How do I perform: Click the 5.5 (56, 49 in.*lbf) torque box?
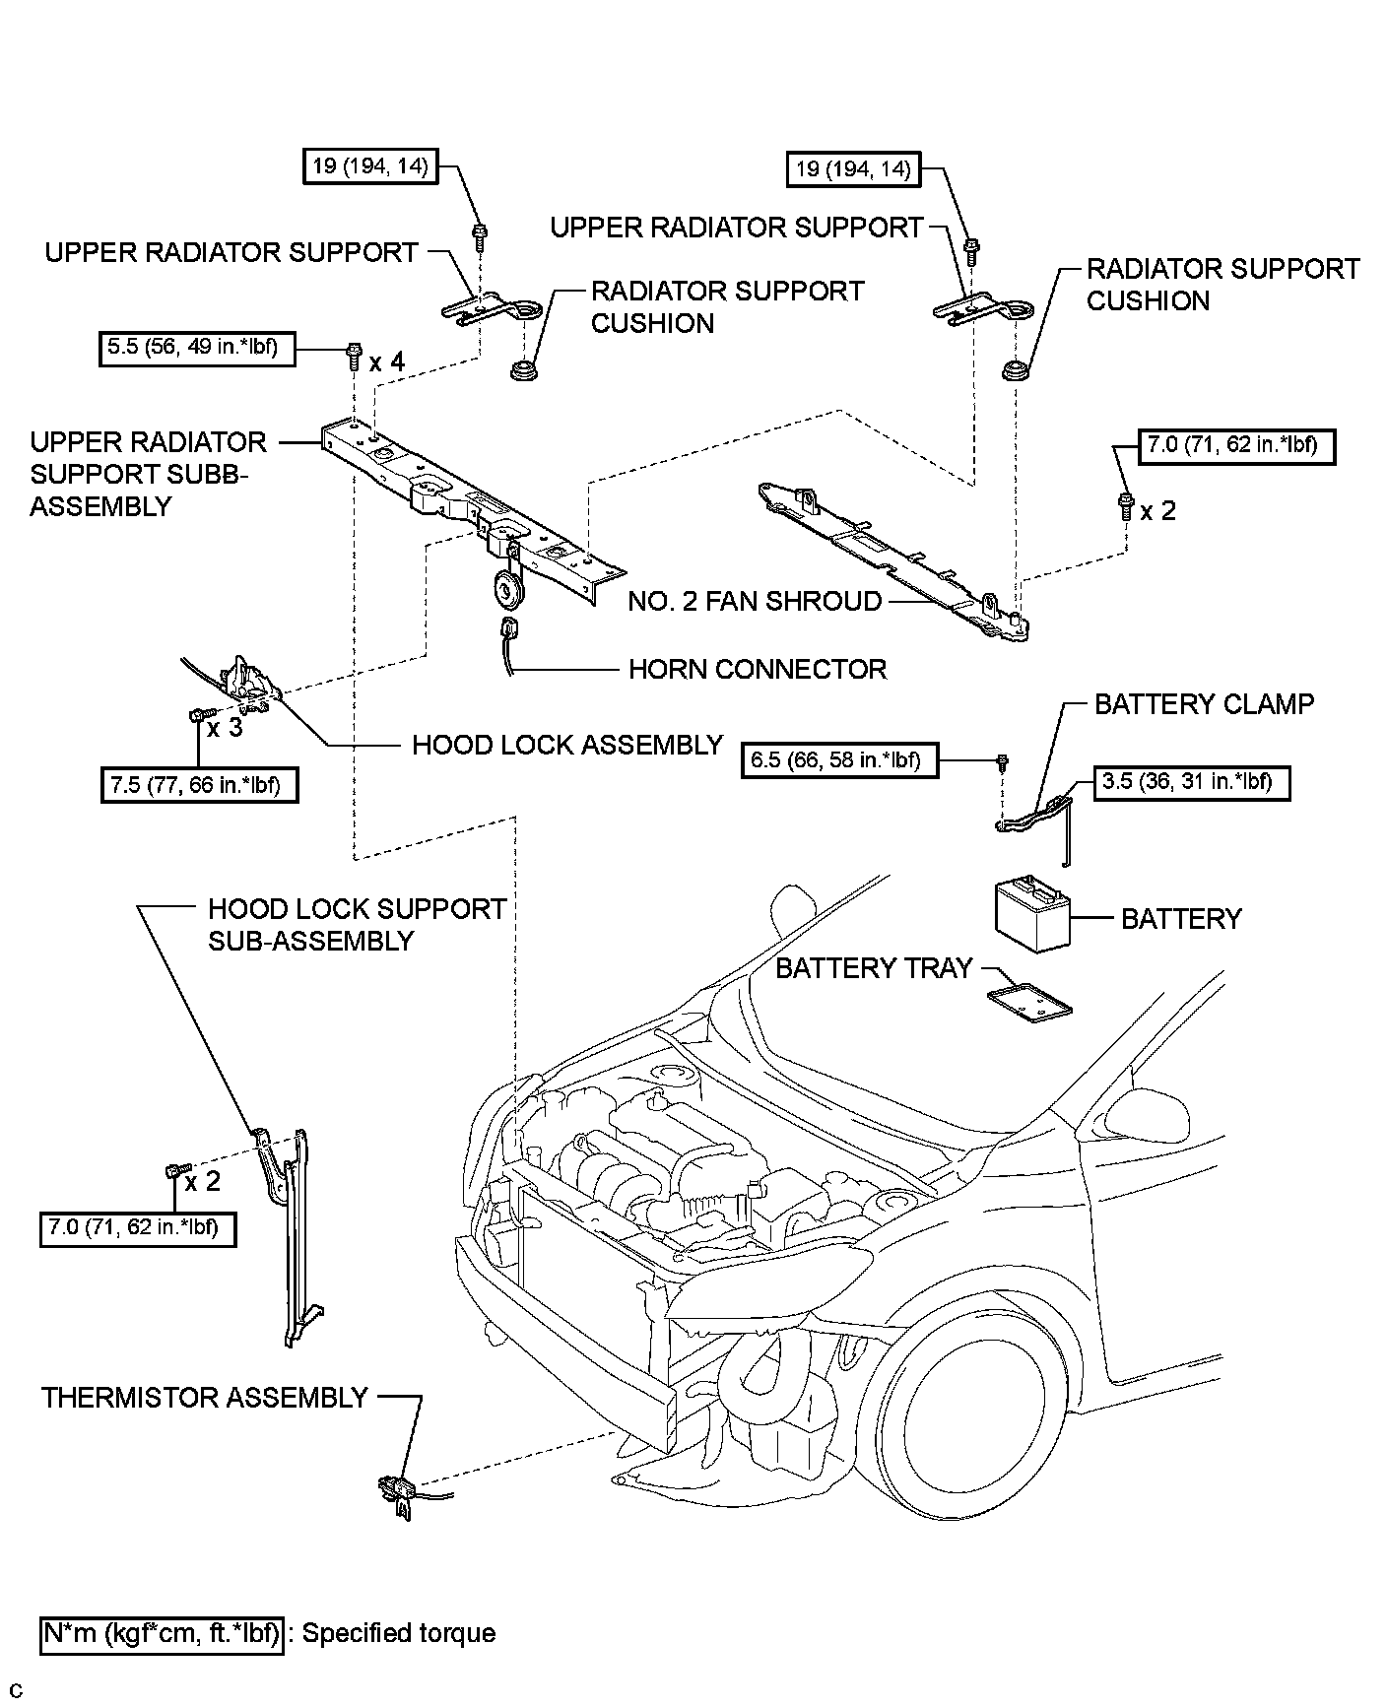(197, 349)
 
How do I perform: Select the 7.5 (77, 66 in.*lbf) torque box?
(199, 785)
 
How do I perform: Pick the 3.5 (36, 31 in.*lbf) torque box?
(1191, 783)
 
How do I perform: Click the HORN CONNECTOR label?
(757, 670)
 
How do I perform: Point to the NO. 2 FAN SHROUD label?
(755, 601)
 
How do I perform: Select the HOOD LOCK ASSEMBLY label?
(567, 745)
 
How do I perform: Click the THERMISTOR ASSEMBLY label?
(205, 1398)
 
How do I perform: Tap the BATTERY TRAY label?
(874, 968)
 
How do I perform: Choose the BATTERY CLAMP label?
(1204, 704)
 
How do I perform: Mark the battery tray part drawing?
(1030, 1004)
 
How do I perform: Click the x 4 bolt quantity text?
(387, 362)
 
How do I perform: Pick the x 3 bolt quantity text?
(225, 729)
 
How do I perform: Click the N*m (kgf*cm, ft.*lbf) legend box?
(162, 1633)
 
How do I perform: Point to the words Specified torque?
(398, 1633)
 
